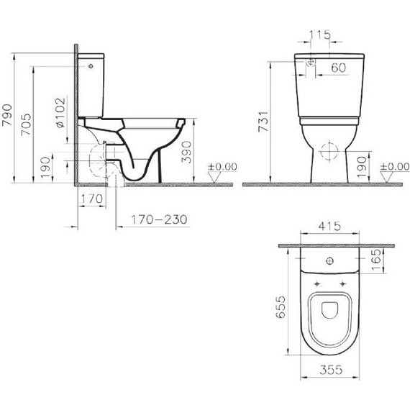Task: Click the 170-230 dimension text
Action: [153, 220]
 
